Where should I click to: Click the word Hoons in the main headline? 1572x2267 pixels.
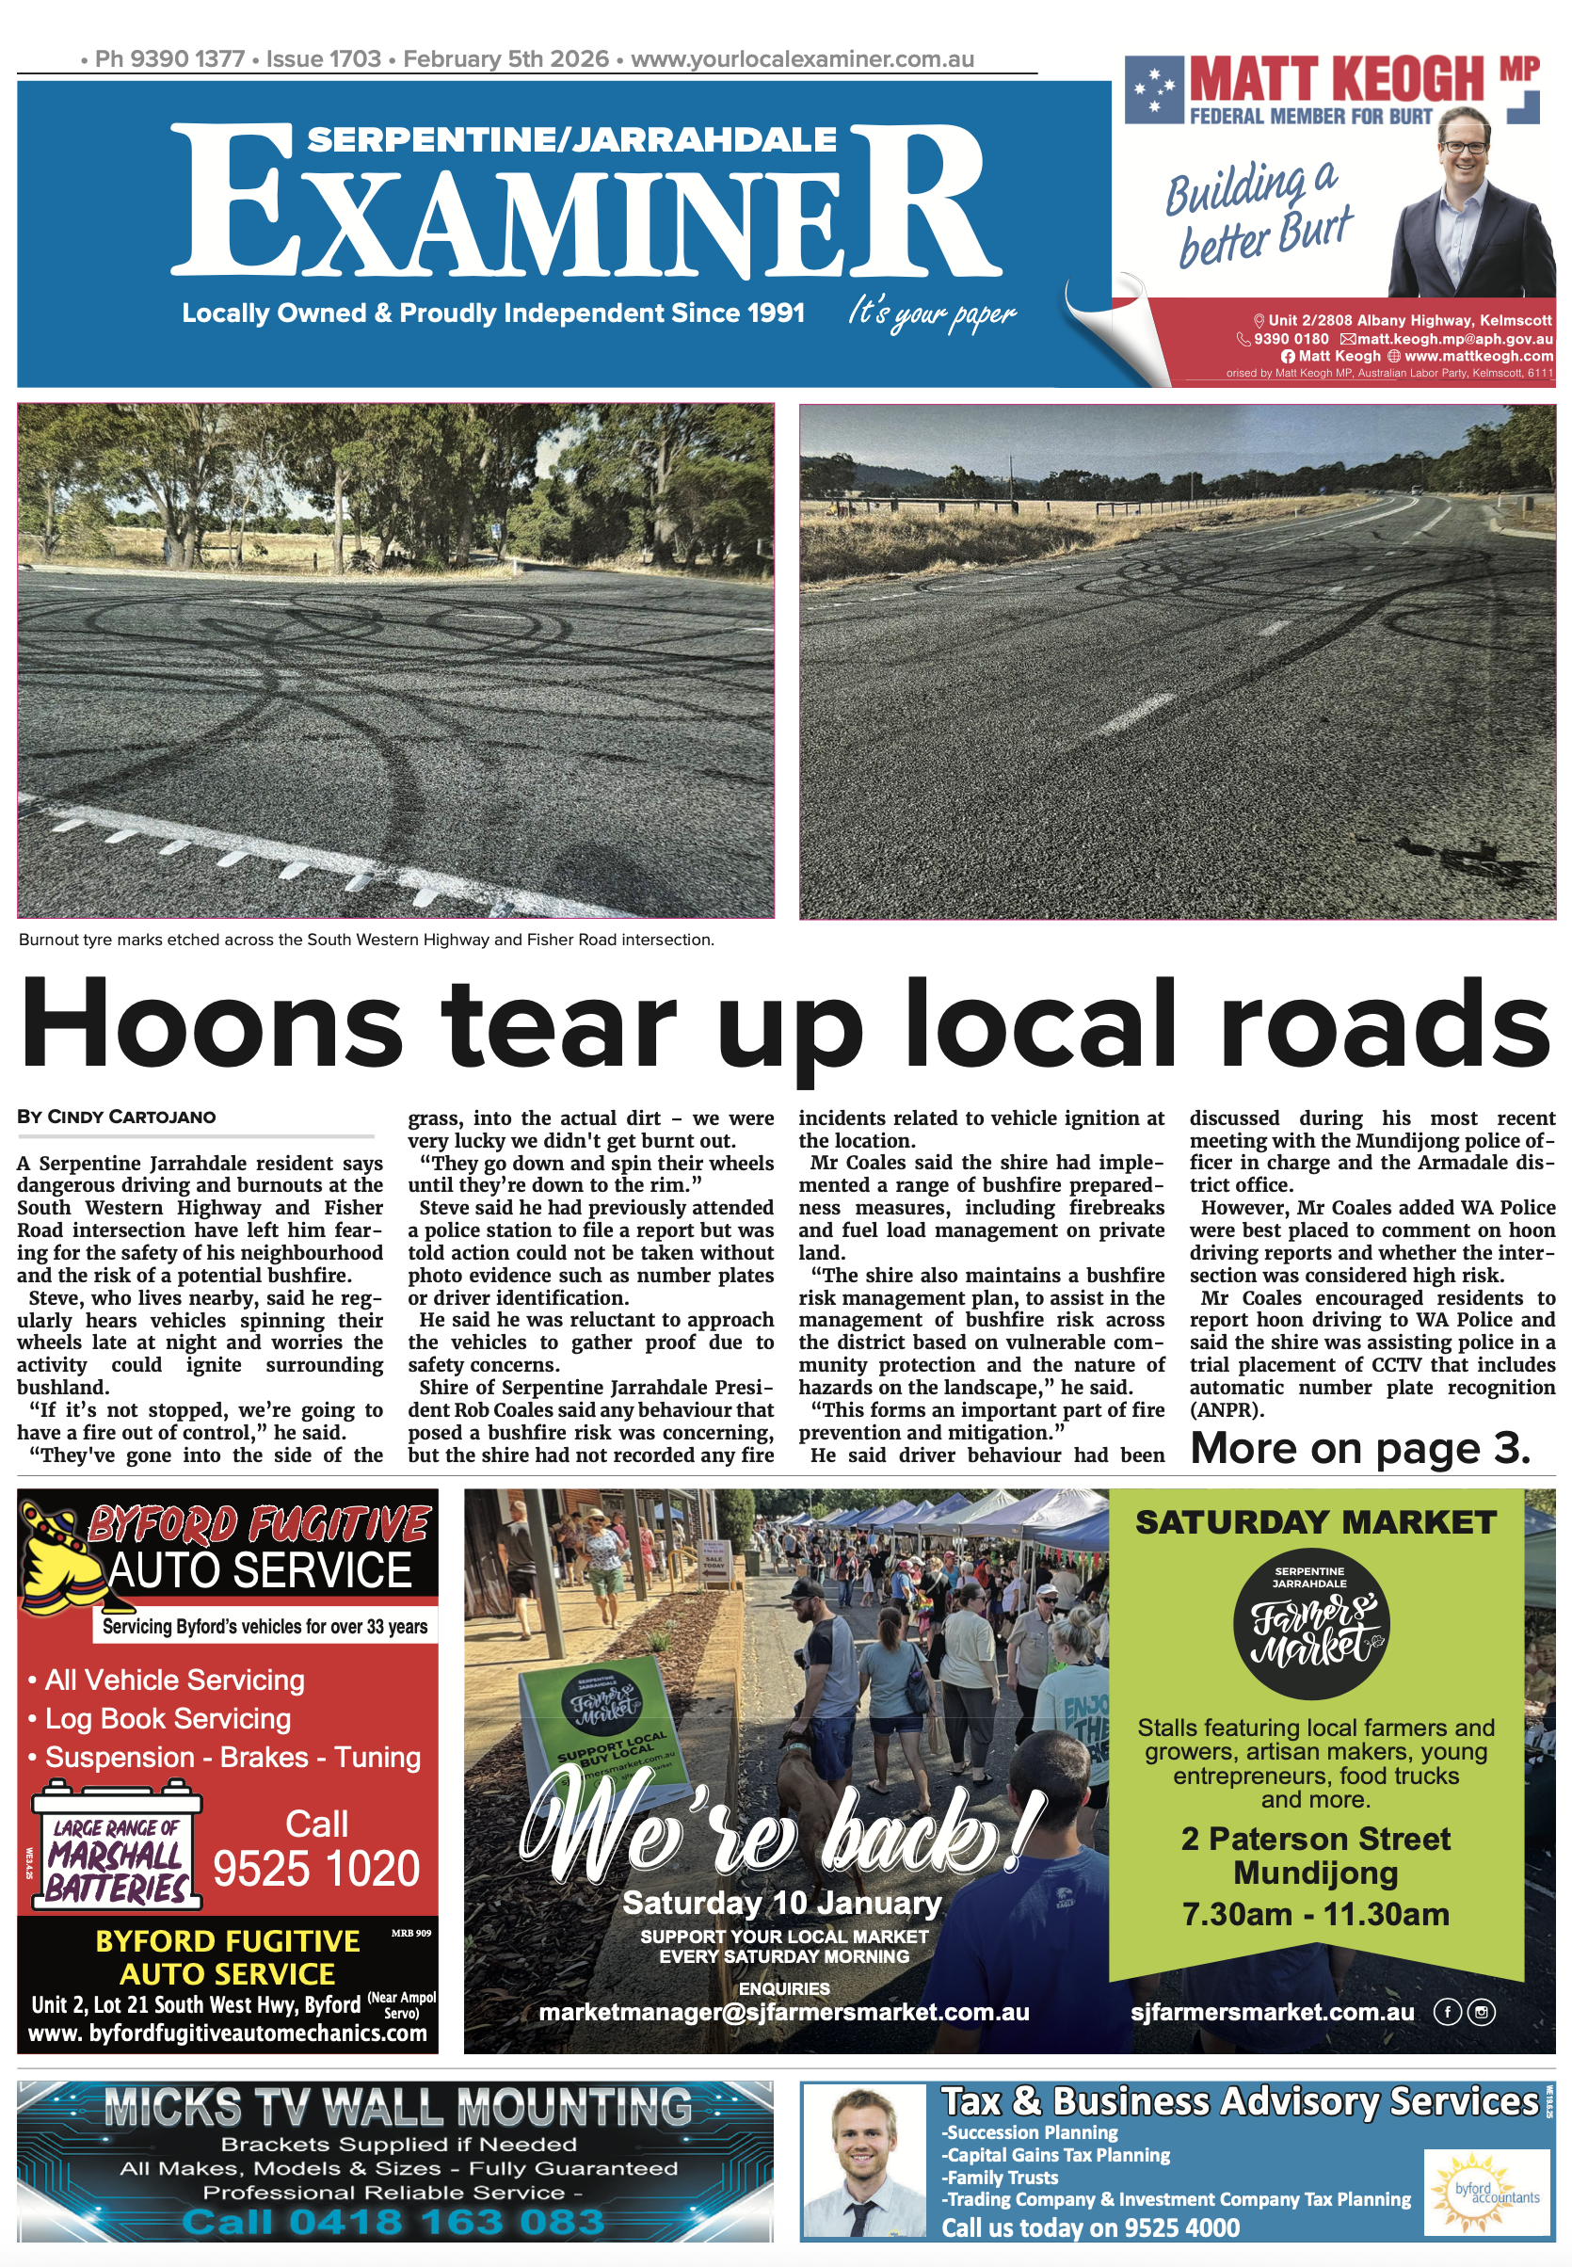click(x=212, y=1022)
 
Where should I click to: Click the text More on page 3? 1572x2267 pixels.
click(x=1360, y=1449)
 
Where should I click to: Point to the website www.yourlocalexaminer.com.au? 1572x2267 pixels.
click(x=802, y=59)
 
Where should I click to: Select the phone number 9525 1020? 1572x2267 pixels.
click(x=316, y=1868)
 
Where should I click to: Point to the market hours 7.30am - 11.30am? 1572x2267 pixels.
click(x=1316, y=1913)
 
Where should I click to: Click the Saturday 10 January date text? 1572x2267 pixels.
click(x=782, y=1903)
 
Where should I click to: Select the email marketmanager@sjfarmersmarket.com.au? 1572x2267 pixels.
click(x=784, y=2012)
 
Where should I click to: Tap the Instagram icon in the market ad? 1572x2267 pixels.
click(x=1482, y=2012)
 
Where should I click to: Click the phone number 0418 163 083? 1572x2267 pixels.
click(x=393, y=2222)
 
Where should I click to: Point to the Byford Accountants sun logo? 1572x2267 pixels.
click(x=1484, y=2189)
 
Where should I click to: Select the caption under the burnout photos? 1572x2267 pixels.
click(x=366, y=940)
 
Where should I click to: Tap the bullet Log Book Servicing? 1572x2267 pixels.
click(x=168, y=1718)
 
